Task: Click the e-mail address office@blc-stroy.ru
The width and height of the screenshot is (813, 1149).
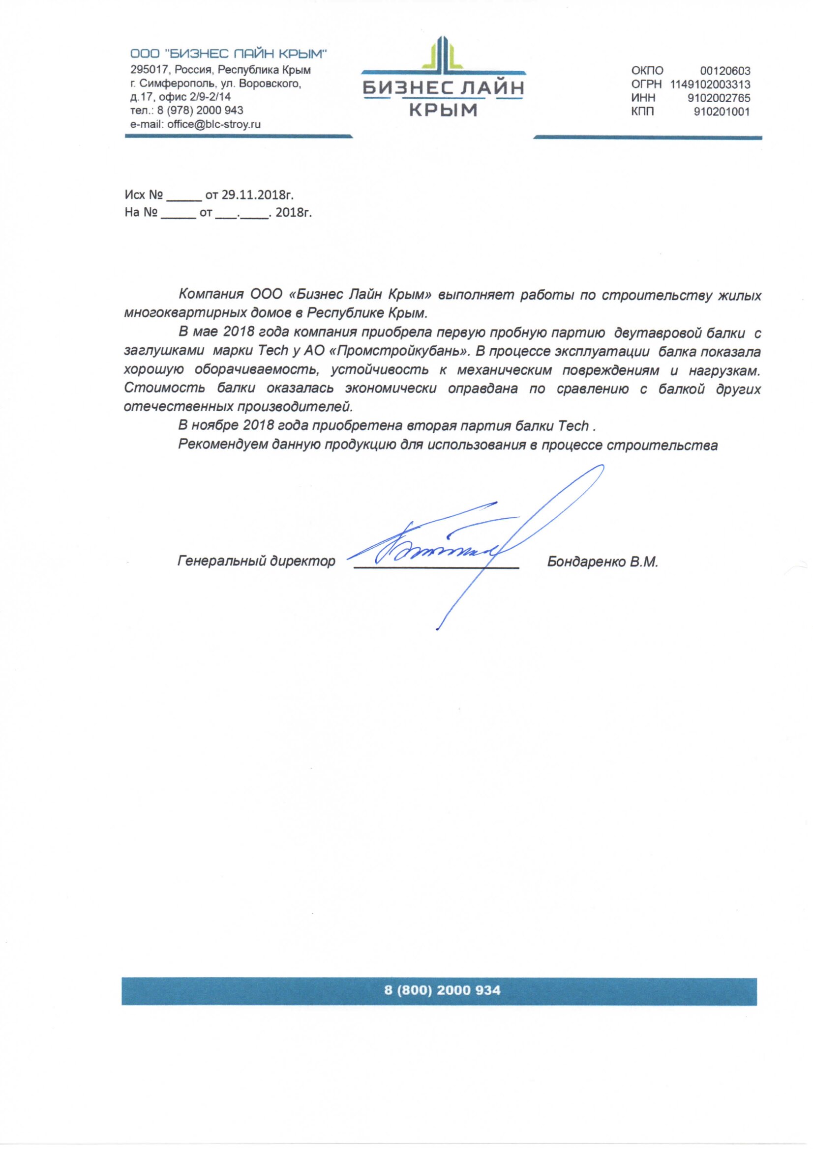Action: click(214, 124)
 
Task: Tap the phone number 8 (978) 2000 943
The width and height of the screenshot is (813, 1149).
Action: click(200, 110)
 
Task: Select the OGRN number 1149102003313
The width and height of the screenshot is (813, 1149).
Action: click(710, 84)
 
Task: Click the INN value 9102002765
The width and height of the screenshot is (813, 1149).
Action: click(719, 98)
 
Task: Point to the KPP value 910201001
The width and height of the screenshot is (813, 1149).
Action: click(722, 112)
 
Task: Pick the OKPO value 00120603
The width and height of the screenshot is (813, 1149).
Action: click(725, 71)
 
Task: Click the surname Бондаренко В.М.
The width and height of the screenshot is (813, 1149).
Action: click(602, 561)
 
